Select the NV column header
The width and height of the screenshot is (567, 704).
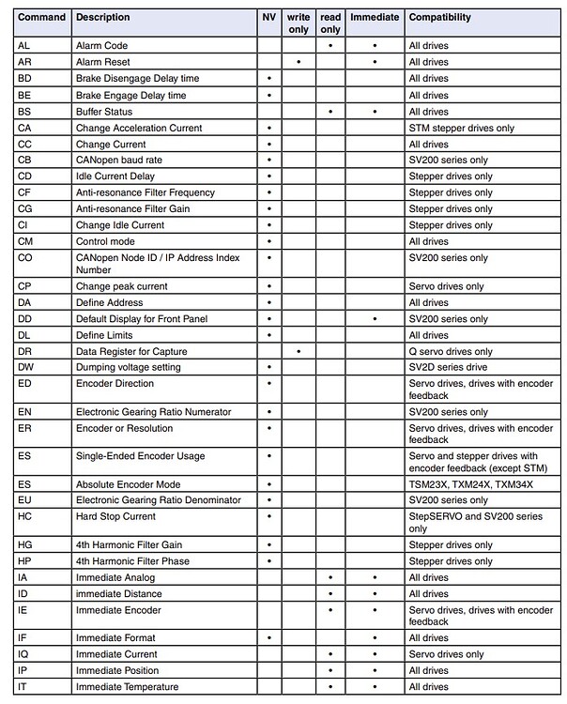pos(269,18)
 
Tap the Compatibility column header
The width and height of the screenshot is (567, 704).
pos(440,18)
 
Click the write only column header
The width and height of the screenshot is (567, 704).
pos(299,23)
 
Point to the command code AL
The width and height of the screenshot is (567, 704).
pos(24,46)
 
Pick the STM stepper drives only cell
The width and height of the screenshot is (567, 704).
pos(462,128)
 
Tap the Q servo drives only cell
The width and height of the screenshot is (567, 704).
pos(451,352)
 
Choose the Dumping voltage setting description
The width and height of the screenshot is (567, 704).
pos(128,368)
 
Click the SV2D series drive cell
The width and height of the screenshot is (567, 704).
pos(449,368)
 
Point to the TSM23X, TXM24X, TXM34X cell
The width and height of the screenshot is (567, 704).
pos(471,484)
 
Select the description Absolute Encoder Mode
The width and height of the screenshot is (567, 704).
pos(127,484)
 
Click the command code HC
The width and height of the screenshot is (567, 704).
pos(25,516)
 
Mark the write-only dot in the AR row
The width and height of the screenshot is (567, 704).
pos(299,62)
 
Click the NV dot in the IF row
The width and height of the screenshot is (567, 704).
pos(269,638)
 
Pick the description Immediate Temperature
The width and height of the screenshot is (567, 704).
pos(127,687)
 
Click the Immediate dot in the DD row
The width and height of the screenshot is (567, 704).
pos(375,319)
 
